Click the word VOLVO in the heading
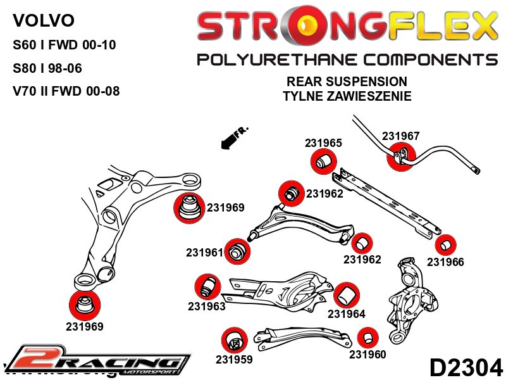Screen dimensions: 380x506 43,21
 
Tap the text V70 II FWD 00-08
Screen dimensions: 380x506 66,91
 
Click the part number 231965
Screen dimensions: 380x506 323,143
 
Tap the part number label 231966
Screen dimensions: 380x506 445,262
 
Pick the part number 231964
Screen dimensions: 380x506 347,314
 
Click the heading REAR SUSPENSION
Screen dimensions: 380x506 347,82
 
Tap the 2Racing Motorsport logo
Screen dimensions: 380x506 98,362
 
